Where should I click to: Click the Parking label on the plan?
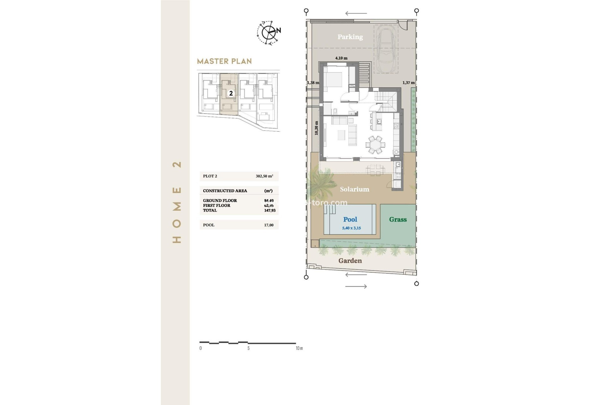point(350,37)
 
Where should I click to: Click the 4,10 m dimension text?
point(341,58)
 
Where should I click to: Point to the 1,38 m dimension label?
point(313,83)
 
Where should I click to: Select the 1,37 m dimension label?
point(408,83)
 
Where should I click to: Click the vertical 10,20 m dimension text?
point(316,128)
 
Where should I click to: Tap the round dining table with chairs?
point(375,145)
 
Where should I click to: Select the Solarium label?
point(354,189)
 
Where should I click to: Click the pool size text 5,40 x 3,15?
point(351,228)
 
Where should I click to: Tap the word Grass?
point(398,220)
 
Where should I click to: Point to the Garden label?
point(350,261)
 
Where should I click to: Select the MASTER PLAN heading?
point(224,61)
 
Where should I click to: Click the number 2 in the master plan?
point(231,93)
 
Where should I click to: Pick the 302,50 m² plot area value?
point(264,176)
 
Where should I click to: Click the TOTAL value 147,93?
point(269,210)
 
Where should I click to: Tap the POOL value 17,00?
point(269,225)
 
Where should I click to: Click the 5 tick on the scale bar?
point(248,348)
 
